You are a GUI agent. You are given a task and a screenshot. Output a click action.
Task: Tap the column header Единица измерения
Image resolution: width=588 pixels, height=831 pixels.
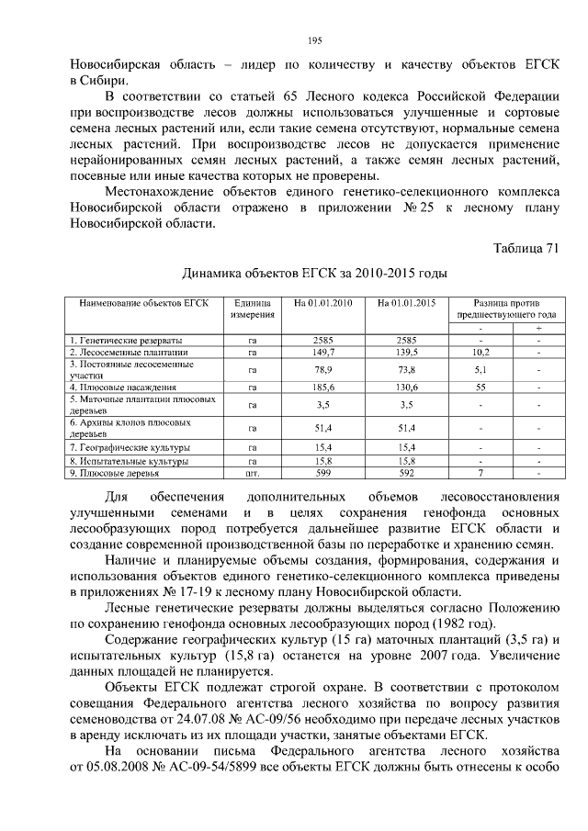click(252, 308)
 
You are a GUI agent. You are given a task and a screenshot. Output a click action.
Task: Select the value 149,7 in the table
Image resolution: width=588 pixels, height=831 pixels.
click(322, 352)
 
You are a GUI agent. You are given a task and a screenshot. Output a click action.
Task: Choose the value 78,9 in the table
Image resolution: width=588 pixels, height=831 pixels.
click(322, 369)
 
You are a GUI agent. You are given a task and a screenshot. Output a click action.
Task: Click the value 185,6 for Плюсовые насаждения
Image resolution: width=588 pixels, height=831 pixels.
click(322, 387)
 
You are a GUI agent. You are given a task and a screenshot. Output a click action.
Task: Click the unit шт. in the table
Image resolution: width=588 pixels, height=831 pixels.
click(252, 474)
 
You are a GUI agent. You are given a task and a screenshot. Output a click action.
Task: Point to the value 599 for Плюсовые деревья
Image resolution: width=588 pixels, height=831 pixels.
click(322, 474)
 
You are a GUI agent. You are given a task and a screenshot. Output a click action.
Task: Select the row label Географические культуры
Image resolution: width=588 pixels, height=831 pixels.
click(128, 446)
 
